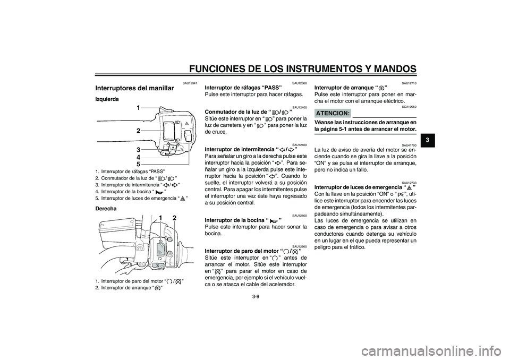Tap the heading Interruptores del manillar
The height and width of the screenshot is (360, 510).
point(134,88)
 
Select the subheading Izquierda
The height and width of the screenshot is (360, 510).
point(107,99)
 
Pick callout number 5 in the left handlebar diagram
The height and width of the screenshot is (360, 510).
point(138,164)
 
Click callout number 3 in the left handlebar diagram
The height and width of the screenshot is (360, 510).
point(138,150)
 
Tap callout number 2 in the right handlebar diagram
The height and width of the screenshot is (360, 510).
point(174,218)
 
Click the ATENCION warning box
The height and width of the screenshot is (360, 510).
point(333,113)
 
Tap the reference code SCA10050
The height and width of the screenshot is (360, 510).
point(409,107)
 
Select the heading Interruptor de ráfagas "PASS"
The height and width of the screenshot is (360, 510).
point(243,88)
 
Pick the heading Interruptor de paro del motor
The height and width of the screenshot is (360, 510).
point(250,251)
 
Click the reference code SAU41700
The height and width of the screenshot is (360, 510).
point(409,145)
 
